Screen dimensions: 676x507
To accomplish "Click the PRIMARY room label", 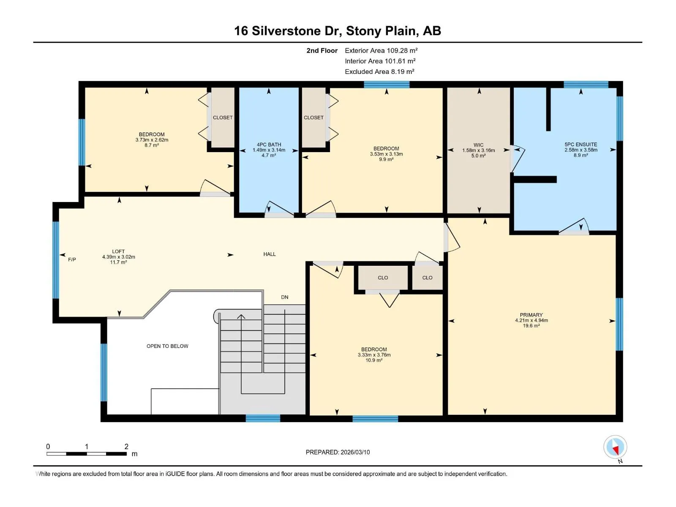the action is click(531, 315).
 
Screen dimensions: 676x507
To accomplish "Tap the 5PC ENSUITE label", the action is click(581, 144).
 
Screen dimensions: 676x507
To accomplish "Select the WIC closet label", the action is click(478, 145).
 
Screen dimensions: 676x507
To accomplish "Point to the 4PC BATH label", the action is click(269, 144).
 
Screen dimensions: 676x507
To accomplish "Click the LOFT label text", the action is click(118, 251).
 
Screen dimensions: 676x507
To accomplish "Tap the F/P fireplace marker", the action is click(72, 259).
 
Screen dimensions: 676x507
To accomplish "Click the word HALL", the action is click(270, 254).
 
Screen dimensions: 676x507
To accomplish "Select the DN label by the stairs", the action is click(285, 297).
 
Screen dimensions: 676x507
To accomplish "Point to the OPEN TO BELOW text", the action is click(167, 346).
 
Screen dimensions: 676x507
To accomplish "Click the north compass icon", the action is click(615, 447).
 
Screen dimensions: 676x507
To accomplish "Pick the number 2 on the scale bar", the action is click(126, 446).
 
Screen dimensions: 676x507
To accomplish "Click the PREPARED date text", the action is click(338, 452).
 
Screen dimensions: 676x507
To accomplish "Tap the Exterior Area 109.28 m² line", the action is click(381, 50).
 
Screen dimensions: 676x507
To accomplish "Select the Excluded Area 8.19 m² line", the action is click(379, 72).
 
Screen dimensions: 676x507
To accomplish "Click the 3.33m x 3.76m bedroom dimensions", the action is click(374, 355).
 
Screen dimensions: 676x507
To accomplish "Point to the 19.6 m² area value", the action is click(531, 326).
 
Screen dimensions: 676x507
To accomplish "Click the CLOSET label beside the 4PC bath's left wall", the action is click(223, 117).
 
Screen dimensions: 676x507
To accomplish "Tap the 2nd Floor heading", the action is click(322, 50).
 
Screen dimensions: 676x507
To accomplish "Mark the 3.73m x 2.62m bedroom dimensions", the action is click(152, 140).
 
